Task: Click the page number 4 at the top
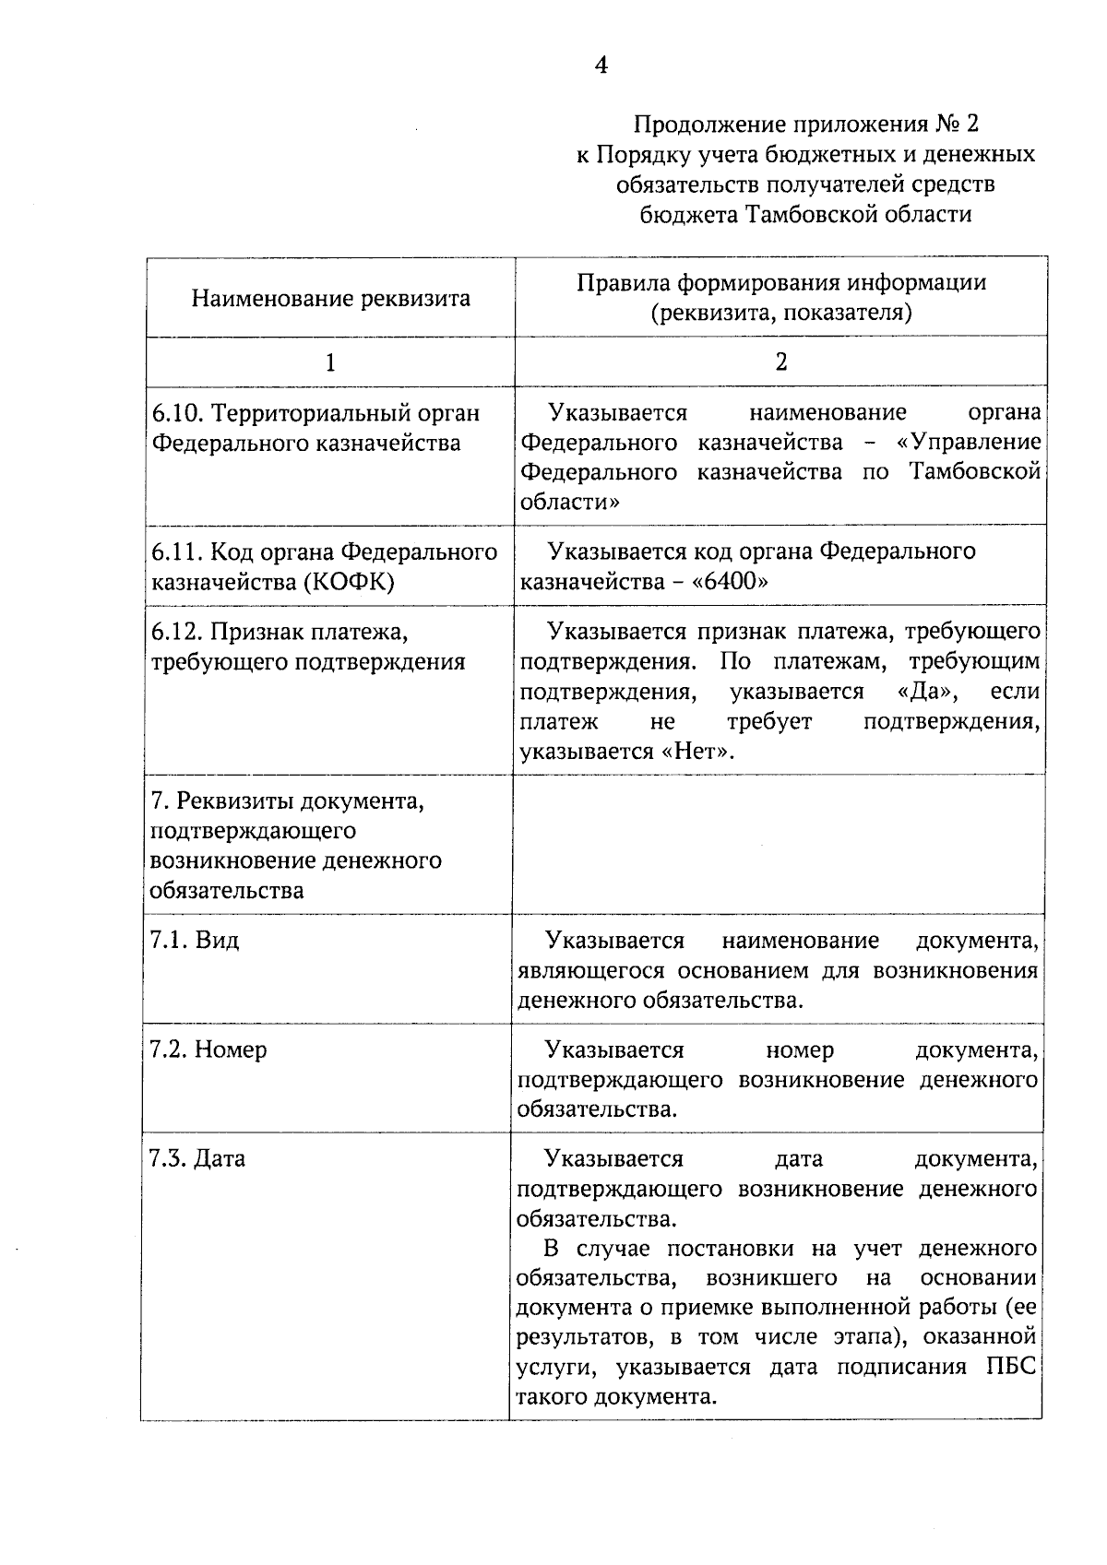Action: pos(601,65)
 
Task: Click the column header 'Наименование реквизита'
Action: pos(330,298)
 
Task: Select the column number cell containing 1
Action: pos(330,362)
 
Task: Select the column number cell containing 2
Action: pos(780,362)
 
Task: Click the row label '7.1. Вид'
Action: pos(194,940)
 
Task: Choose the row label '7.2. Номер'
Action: pos(208,1049)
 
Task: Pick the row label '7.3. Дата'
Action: pos(197,1158)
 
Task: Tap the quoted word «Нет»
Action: pos(698,751)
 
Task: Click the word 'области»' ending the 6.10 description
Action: pos(569,502)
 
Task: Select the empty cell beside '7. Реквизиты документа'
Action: pos(780,844)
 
